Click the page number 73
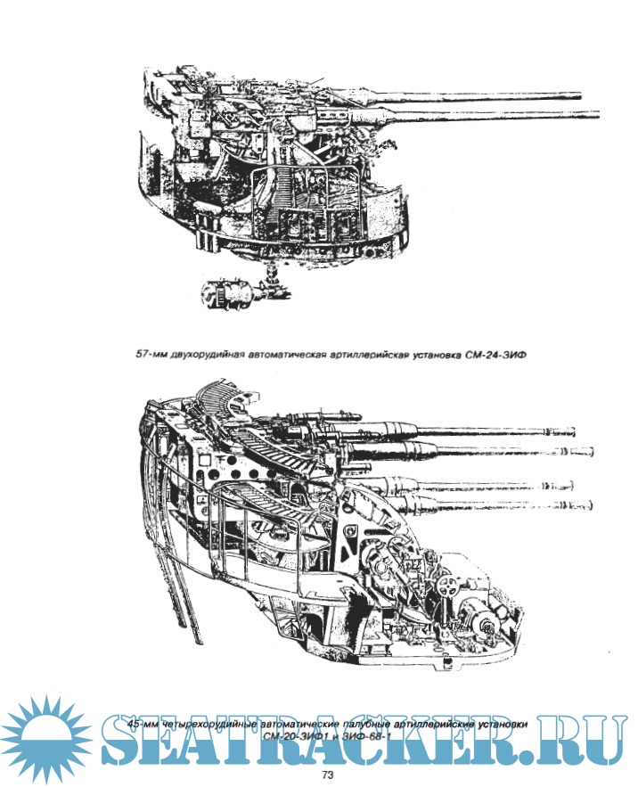(x=327, y=775)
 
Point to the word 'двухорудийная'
(x=211, y=354)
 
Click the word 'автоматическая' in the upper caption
(x=293, y=354)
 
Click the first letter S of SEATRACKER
(x=126, y=738)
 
